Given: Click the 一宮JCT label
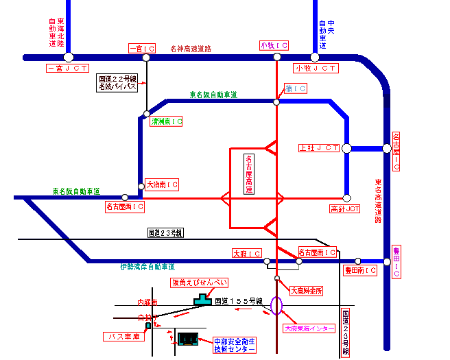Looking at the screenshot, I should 68,69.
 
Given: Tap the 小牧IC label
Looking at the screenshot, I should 274,45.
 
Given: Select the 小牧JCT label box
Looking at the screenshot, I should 316,69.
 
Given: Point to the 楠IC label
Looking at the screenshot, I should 296,89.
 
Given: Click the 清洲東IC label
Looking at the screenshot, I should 167,121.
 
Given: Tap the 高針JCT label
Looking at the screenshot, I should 345,208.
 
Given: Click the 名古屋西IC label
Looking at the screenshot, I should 125,206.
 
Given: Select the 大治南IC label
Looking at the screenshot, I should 163,185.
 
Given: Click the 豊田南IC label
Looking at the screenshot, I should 360,271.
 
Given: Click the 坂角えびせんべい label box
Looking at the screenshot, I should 199,283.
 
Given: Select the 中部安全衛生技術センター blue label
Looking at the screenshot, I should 234,345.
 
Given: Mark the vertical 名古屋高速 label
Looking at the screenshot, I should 249,174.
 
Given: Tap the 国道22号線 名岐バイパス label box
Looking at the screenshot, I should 118,83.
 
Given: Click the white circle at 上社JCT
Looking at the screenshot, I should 347,147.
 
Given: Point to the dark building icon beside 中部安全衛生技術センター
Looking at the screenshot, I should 187,338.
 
